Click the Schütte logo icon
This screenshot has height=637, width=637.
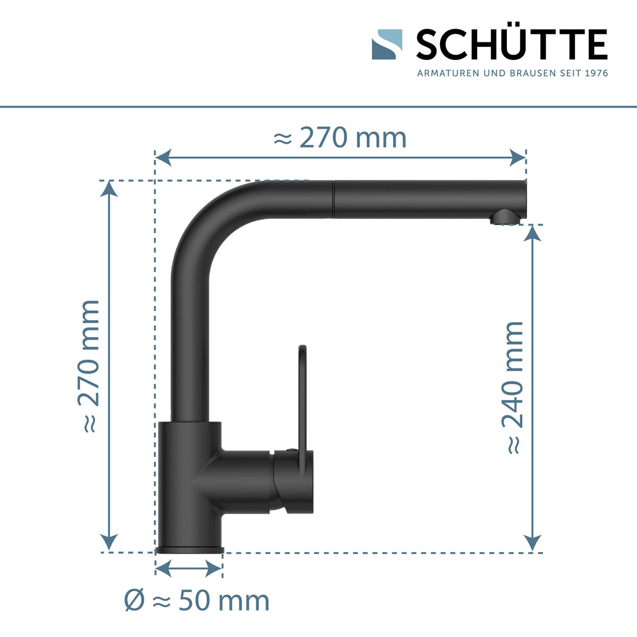point(387,44)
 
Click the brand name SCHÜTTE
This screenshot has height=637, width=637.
point(512,45)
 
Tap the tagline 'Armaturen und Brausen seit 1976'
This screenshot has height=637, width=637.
point(512,73)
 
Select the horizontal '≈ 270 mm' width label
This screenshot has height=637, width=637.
point(340,138)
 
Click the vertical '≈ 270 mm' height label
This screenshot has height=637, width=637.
point(88,366)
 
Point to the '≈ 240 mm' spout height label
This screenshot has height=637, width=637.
point(513,388)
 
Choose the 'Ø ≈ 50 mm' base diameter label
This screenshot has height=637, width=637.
point(197,600)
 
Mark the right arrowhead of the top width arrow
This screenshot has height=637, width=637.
point(518,157)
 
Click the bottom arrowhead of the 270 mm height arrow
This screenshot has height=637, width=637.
point(109,543)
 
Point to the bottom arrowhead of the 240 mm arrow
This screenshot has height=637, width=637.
point(532,543)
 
